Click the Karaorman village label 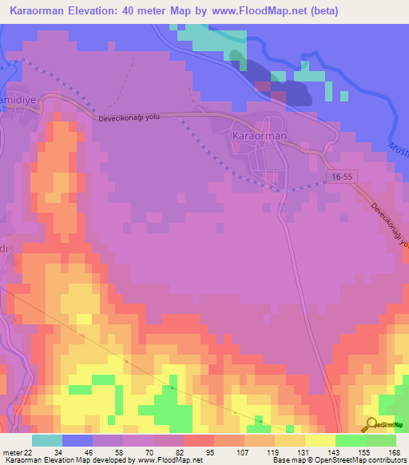(x=259, y=137)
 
